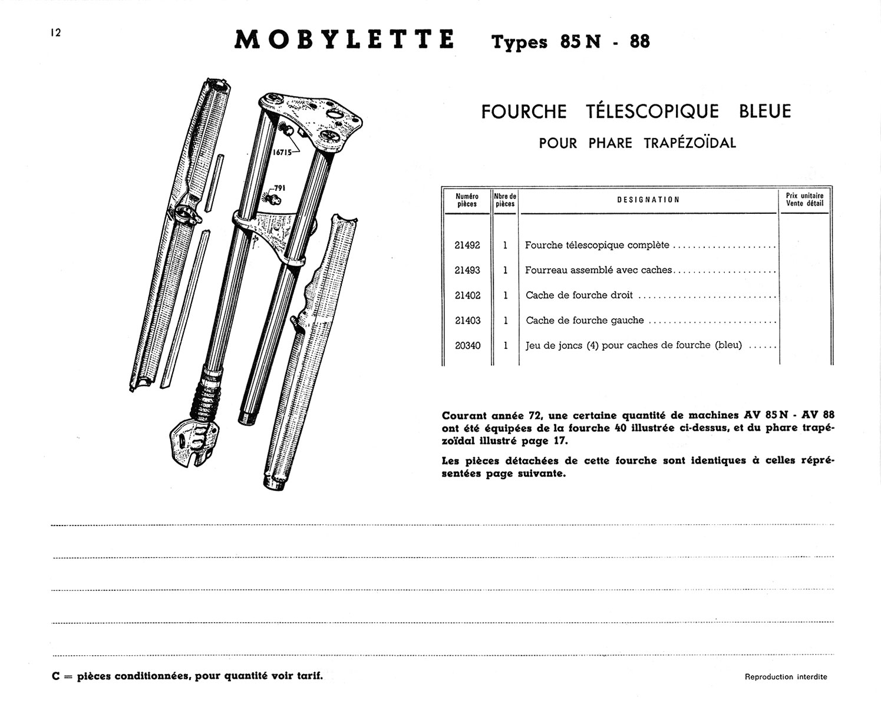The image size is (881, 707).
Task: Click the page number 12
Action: [x=56, y=33]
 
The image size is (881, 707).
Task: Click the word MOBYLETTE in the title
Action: [x=344, y=39]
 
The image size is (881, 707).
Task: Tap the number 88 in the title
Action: [x=639, y=42]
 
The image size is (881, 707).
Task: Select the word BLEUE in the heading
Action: [x=764, y=111]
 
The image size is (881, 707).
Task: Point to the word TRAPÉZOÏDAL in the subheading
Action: [x=690, y=143]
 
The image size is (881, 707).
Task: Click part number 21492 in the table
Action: [x=467, y=245]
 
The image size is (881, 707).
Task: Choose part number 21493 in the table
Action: [x=467, y=270]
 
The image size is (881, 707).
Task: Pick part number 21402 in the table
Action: [x=467, y=296]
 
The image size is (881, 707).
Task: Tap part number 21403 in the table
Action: [x=467, y=321]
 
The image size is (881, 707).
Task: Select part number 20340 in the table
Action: [x=467, y=346]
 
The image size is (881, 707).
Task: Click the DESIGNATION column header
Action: [x=648, y=200]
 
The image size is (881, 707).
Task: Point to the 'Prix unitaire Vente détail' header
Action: [x=804, y=199]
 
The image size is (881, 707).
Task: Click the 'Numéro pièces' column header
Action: [x=467, y=200]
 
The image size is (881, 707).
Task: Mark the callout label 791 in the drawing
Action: [x=279, y=189]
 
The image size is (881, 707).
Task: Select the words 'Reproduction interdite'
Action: [x=786, y=677]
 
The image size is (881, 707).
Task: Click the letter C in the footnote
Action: [x=56, y=676]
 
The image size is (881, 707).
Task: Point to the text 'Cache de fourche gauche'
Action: [x=585, y=321]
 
